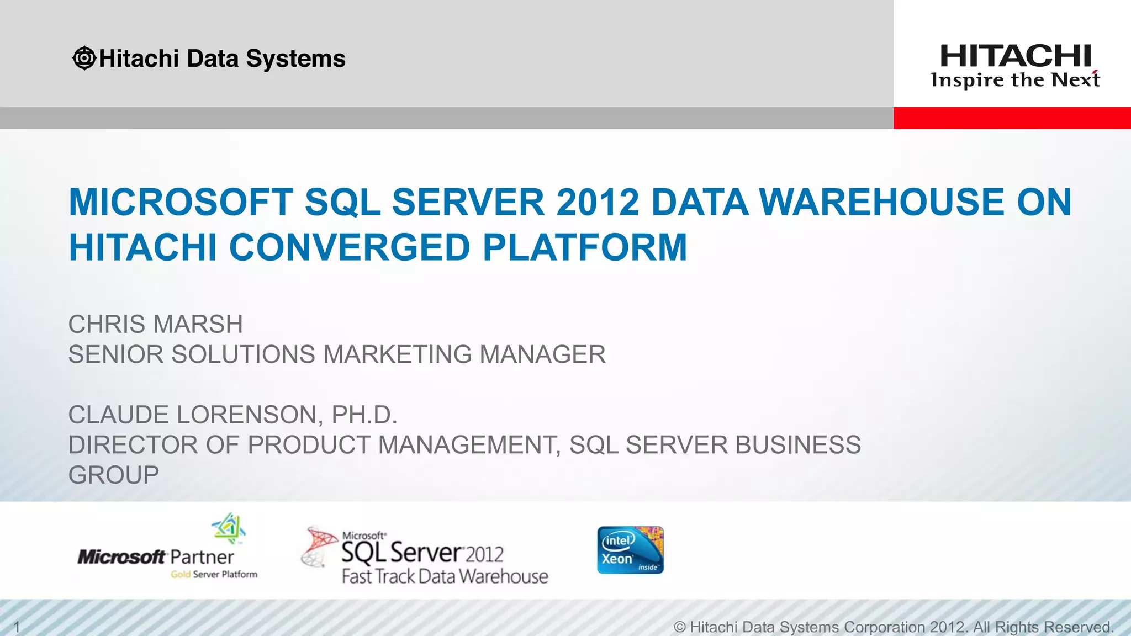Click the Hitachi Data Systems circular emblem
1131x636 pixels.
[x=84, y=58]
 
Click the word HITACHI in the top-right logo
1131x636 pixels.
[x=1016, y=56]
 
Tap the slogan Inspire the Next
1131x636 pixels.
[x=1015, y=81]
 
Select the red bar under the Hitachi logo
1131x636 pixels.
[x=1012, y=118]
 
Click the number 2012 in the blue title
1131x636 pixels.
[x=598, y=202]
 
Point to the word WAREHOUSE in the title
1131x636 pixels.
[x=882, y=202]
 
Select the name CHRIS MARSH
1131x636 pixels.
[x=155, y=324]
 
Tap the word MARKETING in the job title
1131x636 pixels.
[x=397, y=354]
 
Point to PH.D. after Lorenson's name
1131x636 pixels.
[x=364, y=415]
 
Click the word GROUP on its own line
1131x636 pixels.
[x=114, y=475]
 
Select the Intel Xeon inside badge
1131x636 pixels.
[x=630, y=550]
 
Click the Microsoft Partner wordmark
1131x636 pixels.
[x=156, y=556]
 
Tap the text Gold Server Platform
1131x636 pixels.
[x=214, y=574]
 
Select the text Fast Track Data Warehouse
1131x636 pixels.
[x=445, y=576]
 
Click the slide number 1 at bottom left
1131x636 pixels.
[x=17, y=627]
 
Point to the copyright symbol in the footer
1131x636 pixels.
[x=680, y=627]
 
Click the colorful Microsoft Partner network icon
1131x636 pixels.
[x=229, y=528]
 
